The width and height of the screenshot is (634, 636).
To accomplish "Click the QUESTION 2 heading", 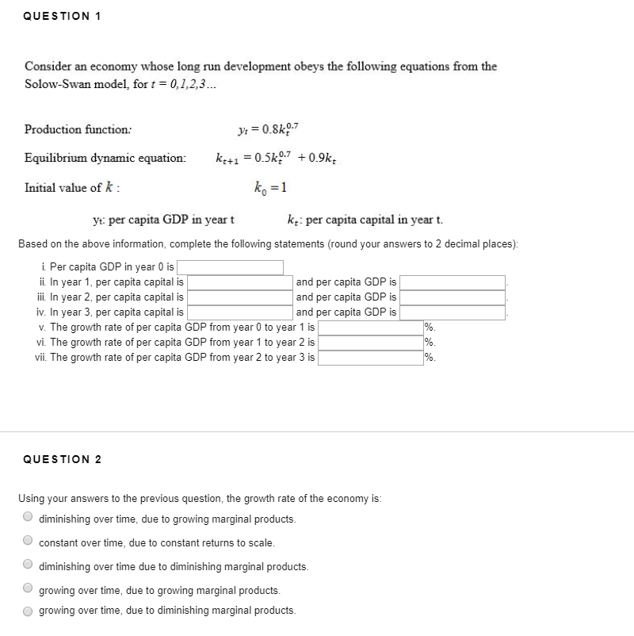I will point(63,459).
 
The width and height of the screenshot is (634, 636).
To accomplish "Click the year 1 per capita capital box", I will point(239,282).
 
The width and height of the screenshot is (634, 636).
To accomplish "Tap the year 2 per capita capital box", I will point(239,297).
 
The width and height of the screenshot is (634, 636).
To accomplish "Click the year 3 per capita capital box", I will point(239,312).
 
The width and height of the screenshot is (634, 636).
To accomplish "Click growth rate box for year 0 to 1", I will point(370,328).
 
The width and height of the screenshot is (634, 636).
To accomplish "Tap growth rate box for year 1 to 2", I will point(370,343).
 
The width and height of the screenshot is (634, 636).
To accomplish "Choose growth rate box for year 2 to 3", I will point(370,358).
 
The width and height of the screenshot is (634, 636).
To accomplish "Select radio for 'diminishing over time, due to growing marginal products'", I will point(29,519).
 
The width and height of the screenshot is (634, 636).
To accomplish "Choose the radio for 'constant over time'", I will point(29,542).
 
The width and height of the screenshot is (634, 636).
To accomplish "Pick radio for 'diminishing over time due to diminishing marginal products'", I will point(29,566).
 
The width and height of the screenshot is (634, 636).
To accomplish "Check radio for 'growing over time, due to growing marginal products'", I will point(29,590).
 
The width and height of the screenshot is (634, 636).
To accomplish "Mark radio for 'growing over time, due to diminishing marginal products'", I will point(29,610).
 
